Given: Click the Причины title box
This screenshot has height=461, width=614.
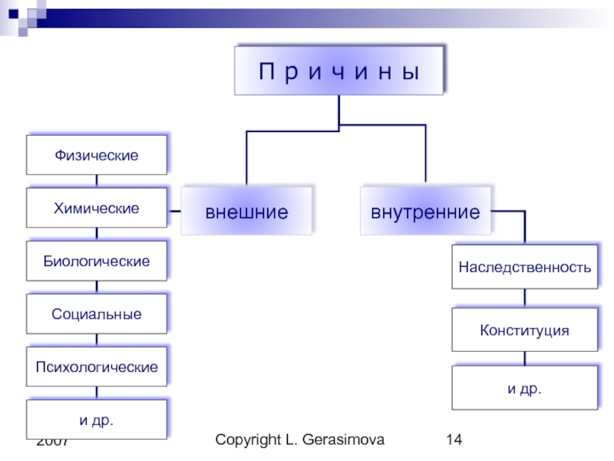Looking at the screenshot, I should pyautogui.click(x=339, y=71).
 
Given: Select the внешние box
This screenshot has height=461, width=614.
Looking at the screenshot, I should pyautogui.click(x=246, y=211).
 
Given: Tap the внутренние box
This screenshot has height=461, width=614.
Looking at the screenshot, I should pyautogui.click(x=425, y=211).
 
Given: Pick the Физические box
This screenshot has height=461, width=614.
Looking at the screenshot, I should pyautogui.click(x=97, y=155).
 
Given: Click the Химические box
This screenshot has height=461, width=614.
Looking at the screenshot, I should pyautogui.click(x=97, y=208).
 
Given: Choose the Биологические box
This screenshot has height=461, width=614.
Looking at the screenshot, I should pyautogui.click(x=97, y=261).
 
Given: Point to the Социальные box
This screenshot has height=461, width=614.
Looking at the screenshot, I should pyautogui.click(x=97, y=314).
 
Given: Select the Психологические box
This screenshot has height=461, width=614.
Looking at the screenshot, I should pyautogui.click(x=97, y=366).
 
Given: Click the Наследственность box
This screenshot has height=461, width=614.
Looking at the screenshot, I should pyautogui.click(x=525, y=267).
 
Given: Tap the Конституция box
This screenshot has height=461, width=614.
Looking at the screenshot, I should pyautogui.click(x=525, y=330).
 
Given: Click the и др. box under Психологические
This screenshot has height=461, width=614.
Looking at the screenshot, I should pyautogui.click(x=97, y=420).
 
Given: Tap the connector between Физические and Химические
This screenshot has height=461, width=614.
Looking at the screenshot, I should pyautogui.click(x=97, y=181).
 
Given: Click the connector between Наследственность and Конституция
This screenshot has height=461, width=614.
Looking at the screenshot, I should pyautogui.click(x=525, y=298).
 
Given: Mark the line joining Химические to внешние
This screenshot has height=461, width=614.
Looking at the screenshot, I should pyautogui.click(x=173, y=211).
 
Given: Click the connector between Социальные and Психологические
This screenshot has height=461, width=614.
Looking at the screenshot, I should pyautogui.click(x=97, y=340).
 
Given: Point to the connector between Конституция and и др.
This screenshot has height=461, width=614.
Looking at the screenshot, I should pyautogui.click(x=525, y=359).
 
